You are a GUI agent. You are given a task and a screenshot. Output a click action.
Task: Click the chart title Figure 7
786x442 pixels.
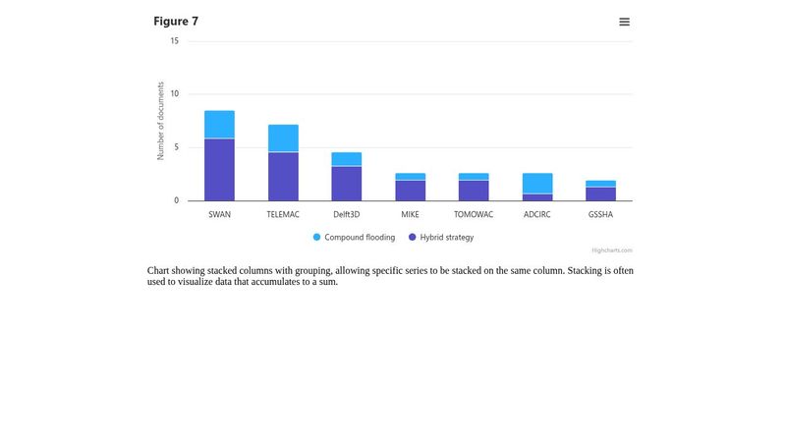point(176,22)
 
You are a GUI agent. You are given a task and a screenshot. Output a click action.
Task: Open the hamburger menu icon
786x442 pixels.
point(624,22)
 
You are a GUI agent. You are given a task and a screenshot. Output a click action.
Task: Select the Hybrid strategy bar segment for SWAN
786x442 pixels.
point(219,170)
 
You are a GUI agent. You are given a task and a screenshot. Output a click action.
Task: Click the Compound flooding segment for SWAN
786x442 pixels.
point(219,125)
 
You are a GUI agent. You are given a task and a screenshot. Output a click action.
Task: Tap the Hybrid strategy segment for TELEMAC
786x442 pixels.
point(283,177)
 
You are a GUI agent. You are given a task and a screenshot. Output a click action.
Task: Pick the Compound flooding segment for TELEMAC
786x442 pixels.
point(283,138)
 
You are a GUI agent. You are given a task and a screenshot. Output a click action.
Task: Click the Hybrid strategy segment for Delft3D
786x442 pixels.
point(347,184)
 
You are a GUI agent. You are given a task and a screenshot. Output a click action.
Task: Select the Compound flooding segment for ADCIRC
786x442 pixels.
point(537,184)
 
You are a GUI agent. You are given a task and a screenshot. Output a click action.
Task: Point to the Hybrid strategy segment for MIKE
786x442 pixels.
point(410,191)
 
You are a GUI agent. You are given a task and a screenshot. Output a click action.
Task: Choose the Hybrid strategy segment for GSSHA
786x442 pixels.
point(600,193)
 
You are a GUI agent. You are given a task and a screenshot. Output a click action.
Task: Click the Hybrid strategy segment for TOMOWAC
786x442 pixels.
point(474,191)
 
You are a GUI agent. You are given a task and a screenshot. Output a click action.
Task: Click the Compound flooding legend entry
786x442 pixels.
point(354,238)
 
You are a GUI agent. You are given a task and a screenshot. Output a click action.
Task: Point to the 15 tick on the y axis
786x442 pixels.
point(175,41)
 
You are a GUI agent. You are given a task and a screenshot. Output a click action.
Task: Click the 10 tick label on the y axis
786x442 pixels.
point(175,94)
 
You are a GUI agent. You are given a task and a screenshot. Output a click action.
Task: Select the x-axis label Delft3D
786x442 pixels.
point(347,214)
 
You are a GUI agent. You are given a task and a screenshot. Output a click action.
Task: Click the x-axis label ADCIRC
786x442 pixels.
point(537,214)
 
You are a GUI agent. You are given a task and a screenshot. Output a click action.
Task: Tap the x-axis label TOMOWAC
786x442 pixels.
point(474,214)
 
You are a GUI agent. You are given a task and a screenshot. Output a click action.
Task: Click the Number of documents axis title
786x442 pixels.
point(161,121)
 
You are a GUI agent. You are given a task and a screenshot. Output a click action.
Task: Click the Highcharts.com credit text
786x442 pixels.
point(611,250)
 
